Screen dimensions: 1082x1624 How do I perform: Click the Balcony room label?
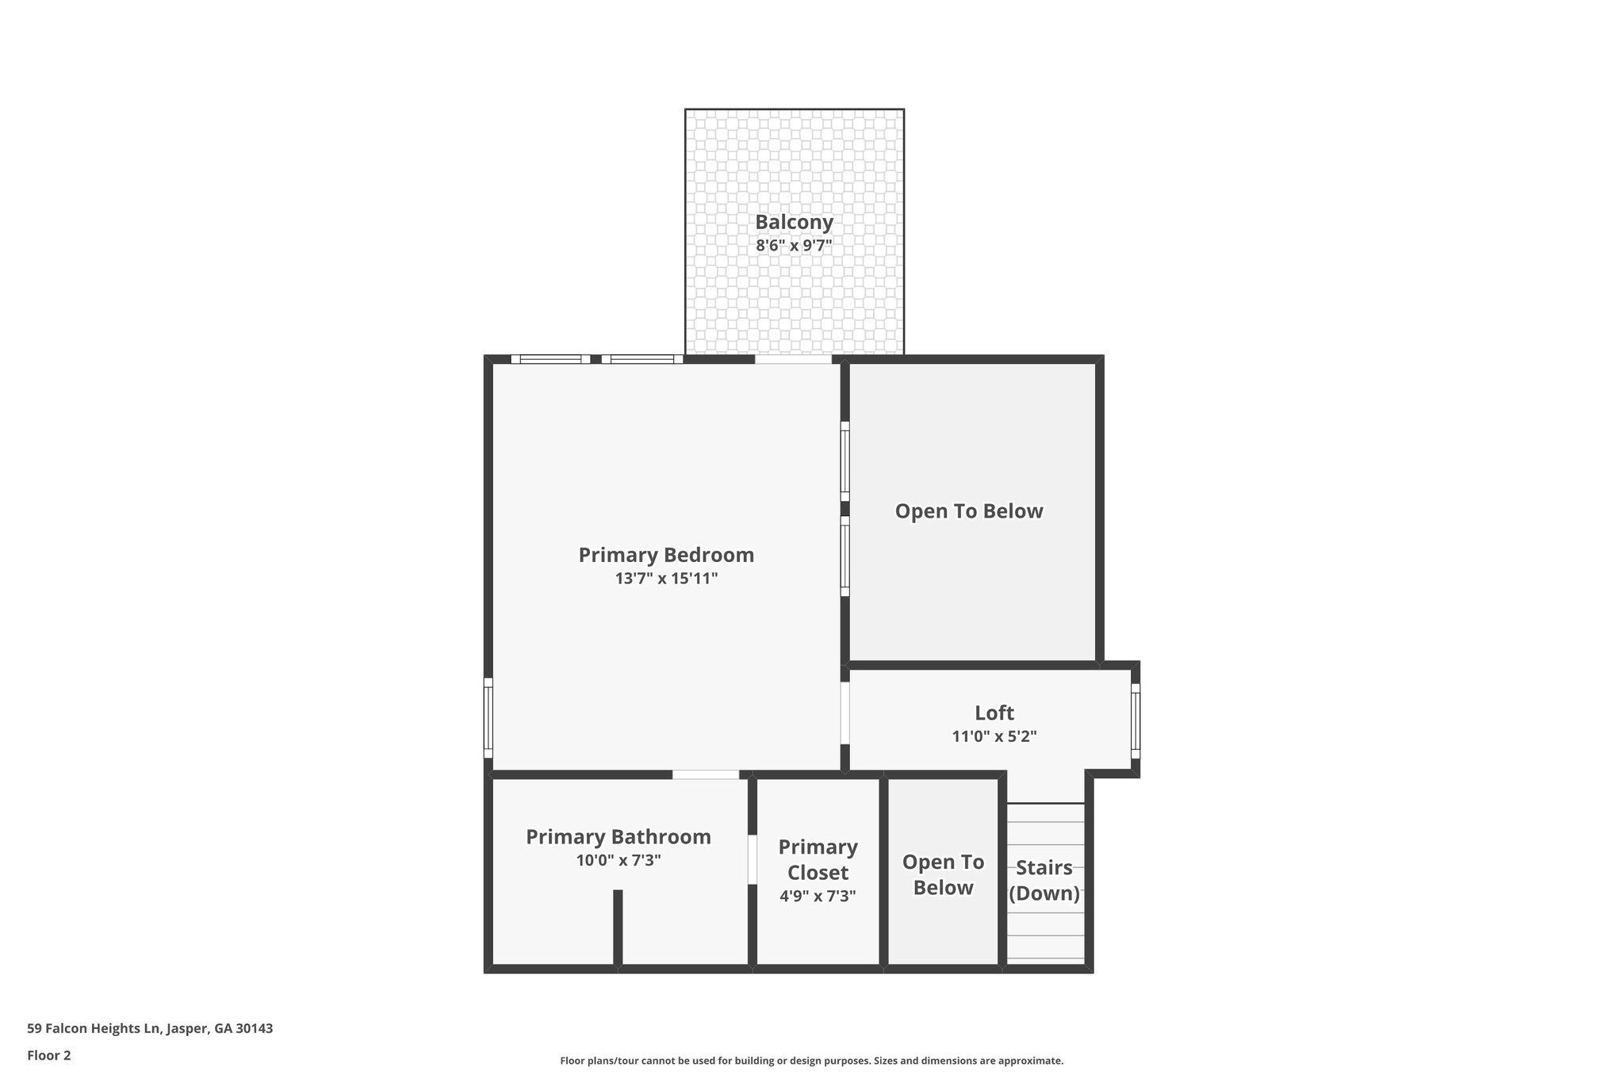pos(794,222)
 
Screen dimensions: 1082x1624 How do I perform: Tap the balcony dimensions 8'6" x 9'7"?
pos(794,246)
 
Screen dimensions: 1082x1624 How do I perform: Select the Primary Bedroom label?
pos(666,555)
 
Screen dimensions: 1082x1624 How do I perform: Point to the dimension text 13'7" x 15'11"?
pos(666,579)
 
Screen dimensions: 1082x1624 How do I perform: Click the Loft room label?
pos(994,713)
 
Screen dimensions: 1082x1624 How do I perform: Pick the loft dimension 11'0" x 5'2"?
pos(994,736)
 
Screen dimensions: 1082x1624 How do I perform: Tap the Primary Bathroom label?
pos(619,837)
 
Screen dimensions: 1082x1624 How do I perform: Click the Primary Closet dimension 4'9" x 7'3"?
pos(818,897)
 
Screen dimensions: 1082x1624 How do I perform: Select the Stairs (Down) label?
pos(1044,881)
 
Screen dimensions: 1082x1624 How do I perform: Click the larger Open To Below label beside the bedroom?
pos(969,511)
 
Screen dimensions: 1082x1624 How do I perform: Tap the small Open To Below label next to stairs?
pos(943,874)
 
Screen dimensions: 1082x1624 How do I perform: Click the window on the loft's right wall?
pos(1136,721)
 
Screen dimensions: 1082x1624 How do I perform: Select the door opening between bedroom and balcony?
pos(793,359)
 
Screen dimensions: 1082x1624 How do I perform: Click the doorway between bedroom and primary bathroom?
pos(706,774)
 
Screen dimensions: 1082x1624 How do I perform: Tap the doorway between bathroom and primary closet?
pos(753,859)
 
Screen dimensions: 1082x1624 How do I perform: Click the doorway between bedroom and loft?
pos(845,713)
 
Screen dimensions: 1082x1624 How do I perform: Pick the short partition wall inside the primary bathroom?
pos(618,927)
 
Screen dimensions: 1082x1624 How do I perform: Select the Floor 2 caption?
pos(49,1055)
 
